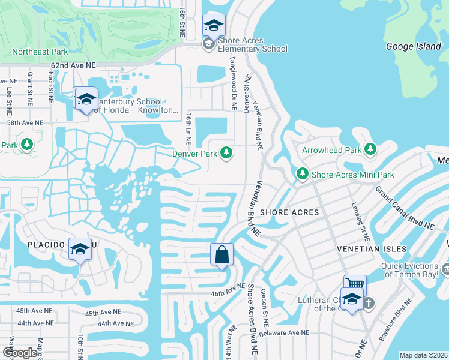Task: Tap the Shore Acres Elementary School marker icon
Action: [214, 26]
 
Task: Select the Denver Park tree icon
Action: [226, 154]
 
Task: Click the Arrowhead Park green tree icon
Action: [370, 149]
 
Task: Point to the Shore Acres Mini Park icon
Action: [303, 175]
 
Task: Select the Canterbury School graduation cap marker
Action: [86, 99]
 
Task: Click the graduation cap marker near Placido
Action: [79, 248]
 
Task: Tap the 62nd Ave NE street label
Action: [73, 64]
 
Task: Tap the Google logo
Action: [20, 353]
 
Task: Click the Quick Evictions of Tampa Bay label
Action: [410, 270]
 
